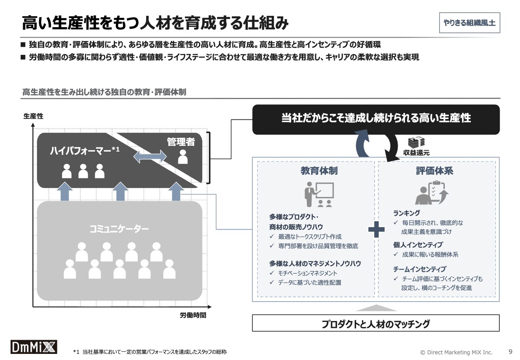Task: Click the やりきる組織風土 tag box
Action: (x=469, y=23)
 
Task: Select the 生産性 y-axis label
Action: (x=33, y=116)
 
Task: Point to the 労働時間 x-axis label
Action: (x=193, y=315)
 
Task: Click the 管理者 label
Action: (x=181, y=142)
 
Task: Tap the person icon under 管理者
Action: (x=183, y=157)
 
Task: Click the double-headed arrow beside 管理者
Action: (x=150, y=157)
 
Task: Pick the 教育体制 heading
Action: (x=319, y=171)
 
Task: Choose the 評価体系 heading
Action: (x=435, y=171)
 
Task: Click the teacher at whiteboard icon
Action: (x=319, y=194)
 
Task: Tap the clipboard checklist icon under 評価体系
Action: (x=432, y=193)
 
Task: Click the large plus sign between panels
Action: (x=377, y=230)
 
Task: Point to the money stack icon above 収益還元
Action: (x=416, y=142)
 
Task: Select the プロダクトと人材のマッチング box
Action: (x=376, y=324)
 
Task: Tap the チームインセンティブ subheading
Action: (x=419, y=269)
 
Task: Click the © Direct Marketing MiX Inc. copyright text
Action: (x=456, y=352)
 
